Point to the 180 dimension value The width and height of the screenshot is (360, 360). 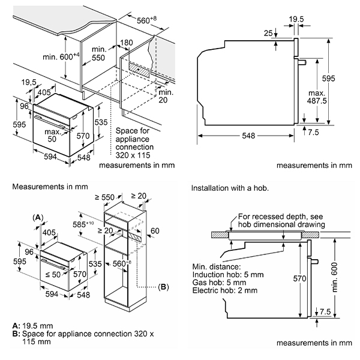[127, 43]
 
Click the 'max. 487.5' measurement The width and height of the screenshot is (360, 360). [316, 98]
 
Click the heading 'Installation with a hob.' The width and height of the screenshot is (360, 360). [230, 188]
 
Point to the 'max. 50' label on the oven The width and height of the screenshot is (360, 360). [53, 134]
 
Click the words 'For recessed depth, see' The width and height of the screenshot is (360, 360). [279, 216]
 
